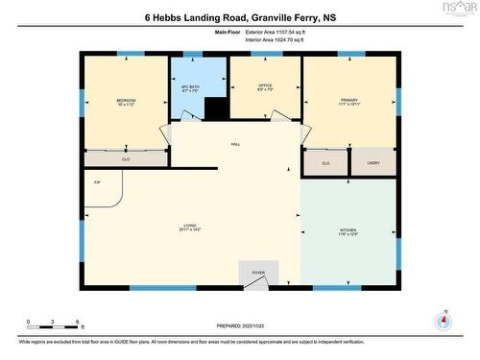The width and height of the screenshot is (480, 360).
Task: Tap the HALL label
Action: [x=234, y=145]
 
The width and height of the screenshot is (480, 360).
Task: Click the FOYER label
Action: [x=258, y=274]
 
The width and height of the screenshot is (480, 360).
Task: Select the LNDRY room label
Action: [x=373, y=163]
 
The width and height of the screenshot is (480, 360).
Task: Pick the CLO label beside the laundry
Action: [x=325, y=164]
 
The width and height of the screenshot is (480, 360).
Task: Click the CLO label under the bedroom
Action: [x=126, y=159]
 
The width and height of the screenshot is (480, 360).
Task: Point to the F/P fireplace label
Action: [x=96, y=182]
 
